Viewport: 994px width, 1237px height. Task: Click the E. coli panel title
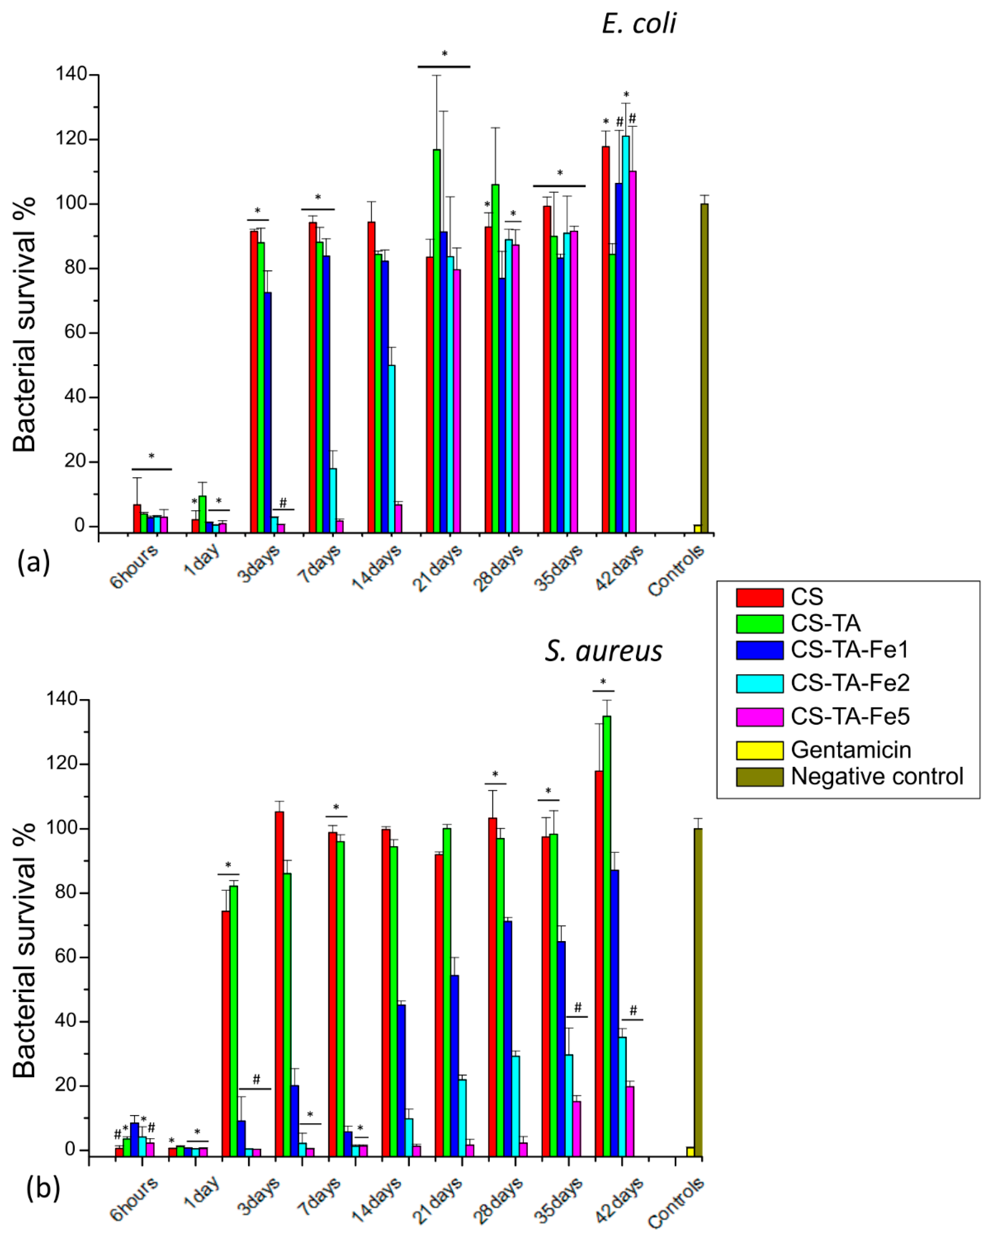tap(639, 24)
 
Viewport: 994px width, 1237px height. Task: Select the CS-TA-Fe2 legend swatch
tap(759, 683)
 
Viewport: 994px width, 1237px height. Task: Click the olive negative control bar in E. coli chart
tap(704, 367)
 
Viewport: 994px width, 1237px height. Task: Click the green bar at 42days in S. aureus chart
tap(607, 935)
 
